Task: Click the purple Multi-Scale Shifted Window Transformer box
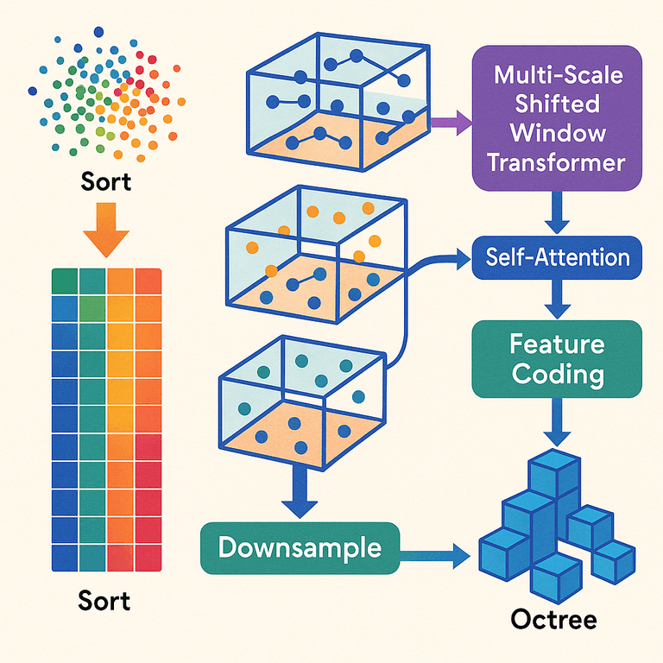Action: [x=557, y=117]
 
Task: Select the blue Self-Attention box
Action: [x=557, y=257]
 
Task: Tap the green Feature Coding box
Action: [x=557, y=359]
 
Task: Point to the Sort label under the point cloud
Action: [x=107, y=182]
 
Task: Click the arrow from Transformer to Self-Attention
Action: [x=557, y=212]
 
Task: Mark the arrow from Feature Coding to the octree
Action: [x=552, y=423]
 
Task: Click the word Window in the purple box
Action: [x=558, y=133]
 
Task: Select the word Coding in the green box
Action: [x=557, y=375]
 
